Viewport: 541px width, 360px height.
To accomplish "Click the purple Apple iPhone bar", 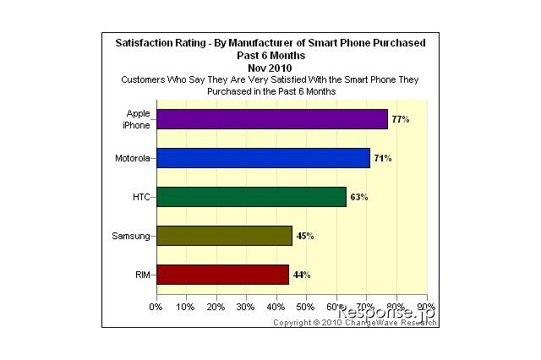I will point(271,119).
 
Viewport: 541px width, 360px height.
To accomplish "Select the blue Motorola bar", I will point(263,158).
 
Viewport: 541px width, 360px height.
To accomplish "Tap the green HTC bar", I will point(251,197).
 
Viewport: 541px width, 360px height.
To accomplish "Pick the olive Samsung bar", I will point(224,236).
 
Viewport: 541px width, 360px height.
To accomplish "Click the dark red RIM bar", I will point(222,275).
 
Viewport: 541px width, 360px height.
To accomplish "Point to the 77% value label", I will point(401,120).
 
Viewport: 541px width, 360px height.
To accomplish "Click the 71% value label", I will point(383,159).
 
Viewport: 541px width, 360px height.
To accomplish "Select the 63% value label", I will point(359,198).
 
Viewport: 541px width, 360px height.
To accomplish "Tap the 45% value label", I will point(304,237).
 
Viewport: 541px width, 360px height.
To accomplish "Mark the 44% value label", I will point(302,275).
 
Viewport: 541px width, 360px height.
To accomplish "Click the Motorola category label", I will point(132,158).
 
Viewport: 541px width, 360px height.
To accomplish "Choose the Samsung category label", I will point(131,236).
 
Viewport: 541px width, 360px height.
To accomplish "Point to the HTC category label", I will point(140,197).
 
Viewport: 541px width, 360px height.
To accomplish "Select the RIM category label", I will point(142,275).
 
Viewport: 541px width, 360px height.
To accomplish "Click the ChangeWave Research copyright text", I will point(354,322).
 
